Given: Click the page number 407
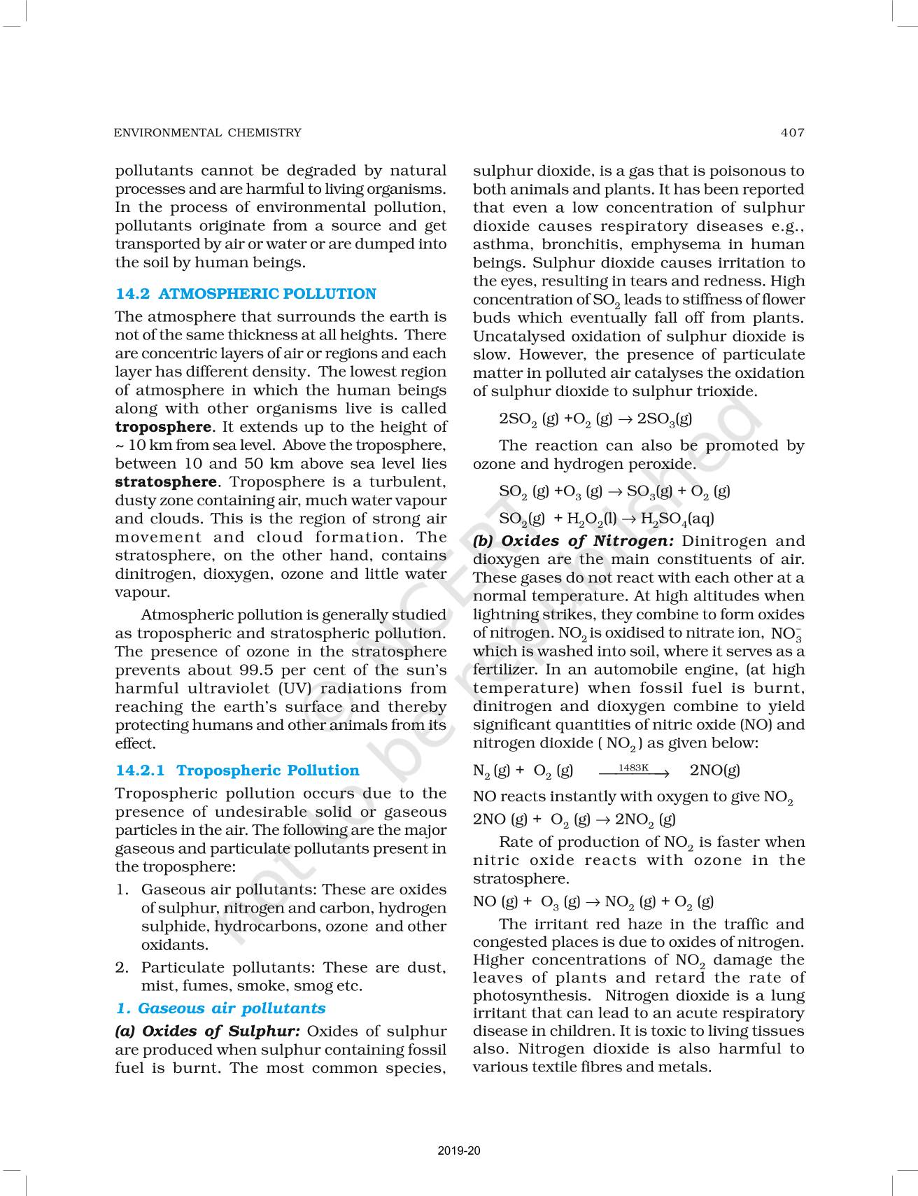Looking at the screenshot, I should pos(793,132).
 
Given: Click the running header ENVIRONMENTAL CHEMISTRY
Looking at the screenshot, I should pos(207,132).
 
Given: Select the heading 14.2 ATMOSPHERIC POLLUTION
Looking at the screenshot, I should pos(246,294).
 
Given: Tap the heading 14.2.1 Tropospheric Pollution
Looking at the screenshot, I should pos(237,771).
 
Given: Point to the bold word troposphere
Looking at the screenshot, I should pos(163,427).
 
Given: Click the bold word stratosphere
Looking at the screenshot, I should pos(166,482).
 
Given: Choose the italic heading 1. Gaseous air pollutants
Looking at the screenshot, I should pos(220,1008).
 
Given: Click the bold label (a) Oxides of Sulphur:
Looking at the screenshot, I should pos(208,1032).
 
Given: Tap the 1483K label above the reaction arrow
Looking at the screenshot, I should pos(633,768).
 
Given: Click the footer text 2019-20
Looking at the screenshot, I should pos(459,1151).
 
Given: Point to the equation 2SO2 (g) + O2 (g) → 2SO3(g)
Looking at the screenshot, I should pos(595,419).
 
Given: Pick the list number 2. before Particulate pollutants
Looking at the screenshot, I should pos(122,968).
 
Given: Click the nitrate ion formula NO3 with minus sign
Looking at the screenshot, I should pos(786,634).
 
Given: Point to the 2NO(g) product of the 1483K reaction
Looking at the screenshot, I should pos(714,771).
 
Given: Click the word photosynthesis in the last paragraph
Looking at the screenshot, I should pos(531,996).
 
